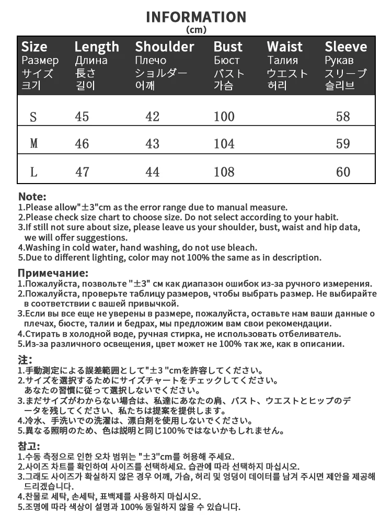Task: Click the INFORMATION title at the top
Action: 196,17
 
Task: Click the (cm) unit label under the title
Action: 196,29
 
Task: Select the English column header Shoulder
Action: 164,47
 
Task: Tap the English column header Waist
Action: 285,47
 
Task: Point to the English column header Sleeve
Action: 345,47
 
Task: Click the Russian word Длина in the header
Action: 91,60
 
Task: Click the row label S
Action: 33,116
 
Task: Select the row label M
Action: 34,143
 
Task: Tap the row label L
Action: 33,171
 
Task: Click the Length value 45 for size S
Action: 82,116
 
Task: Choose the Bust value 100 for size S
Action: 224,116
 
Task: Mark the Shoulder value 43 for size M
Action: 152,143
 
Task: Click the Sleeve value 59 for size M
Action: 343,143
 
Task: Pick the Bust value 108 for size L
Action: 224,171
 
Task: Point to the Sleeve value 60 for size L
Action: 343,171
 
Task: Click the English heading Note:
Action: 32,197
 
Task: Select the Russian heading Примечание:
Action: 53,273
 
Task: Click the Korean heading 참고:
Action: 29,446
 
